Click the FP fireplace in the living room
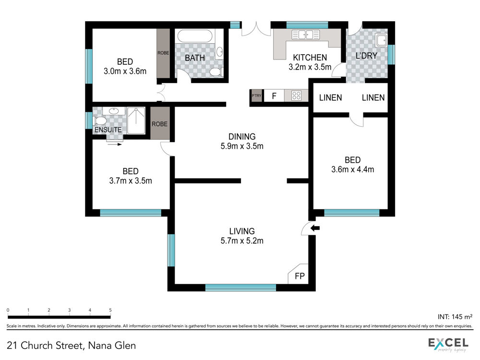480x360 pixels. (299, 274)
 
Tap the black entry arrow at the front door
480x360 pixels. (315, 228)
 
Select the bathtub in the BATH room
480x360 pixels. (195, 36)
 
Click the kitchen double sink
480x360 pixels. (305, 35)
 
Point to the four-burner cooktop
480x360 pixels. (296, 96)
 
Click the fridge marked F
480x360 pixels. (274, 96)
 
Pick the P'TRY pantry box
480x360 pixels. (256, 96)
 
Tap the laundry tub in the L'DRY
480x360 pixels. (382, 40)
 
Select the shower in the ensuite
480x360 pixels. (136, 120)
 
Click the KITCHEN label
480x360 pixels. (310, 58)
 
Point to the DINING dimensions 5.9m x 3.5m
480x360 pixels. (242, 146)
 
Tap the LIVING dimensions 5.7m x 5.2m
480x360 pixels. (242, 240)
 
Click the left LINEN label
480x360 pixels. (330, 97)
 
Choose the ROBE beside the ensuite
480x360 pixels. (159, 124)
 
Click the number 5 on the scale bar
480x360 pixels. (110, 310)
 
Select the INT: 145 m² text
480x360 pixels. (455, 316)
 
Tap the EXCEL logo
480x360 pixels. (448, 344)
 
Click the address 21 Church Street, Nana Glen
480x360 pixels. (71, 345)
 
